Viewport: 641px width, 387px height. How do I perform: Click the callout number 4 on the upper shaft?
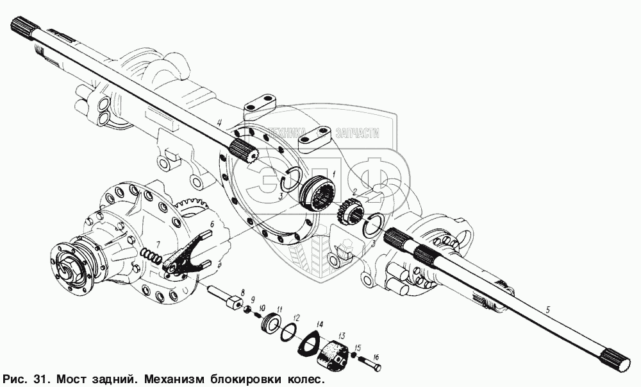(220, 121)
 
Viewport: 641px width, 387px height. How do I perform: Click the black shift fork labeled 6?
(186, 254)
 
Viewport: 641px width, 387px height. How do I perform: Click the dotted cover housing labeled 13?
(333, 355)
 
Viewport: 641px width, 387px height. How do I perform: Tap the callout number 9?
(253, 299)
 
